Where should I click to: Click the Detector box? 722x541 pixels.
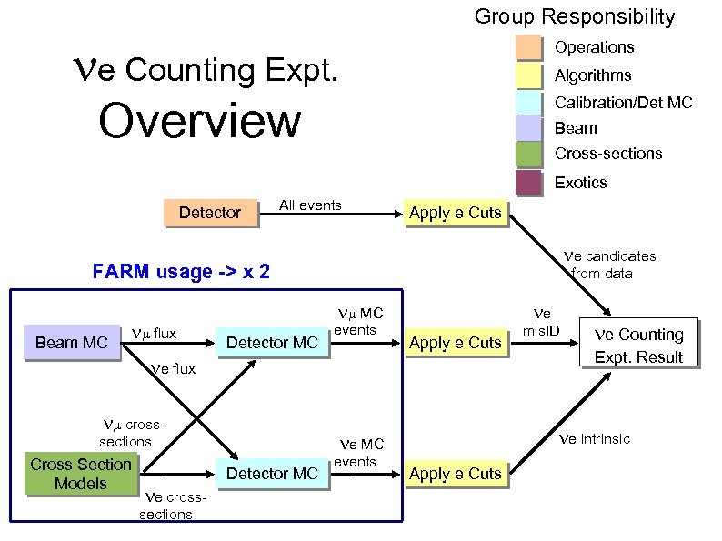pyautogui.click(x=209, y=213)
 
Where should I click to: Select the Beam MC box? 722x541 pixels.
pyautogui.click(x=71, y=343)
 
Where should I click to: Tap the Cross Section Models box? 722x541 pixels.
pyautogui.click(x=81, y=474)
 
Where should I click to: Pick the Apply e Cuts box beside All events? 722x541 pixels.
pyautogui.click(x=455, y=213)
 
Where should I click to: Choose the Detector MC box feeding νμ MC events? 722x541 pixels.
pyautogui.click(x=271, y=343)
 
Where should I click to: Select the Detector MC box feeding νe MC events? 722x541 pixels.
pyautogui.click(x=271, y=474)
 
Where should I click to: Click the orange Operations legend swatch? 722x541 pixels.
pyautogui.click(x=529, y=47)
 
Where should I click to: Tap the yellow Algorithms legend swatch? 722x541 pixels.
pyautogui.click(x=529, y=75)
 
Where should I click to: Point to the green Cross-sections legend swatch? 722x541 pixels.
pyautogui.click(x=529, y=154)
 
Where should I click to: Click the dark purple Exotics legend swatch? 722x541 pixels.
pyautogui.click(x=529, y=183)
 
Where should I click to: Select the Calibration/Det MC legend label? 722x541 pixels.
pyautogui.click(x=623, y=103)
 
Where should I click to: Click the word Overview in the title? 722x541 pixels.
pyautogui.click(x=199, y=121)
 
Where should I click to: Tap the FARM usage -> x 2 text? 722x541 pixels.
pyautogui.click(x=181, y=271)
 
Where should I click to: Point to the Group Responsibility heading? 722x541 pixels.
pyautogui.click(x=575, y=16)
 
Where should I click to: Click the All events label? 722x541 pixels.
pyautogui.click(x=310, y=205)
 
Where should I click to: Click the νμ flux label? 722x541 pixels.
pyautogui.click(x=155, y=334)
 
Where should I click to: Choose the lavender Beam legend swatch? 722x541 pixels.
pyautogui.click(x=529, y=128)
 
